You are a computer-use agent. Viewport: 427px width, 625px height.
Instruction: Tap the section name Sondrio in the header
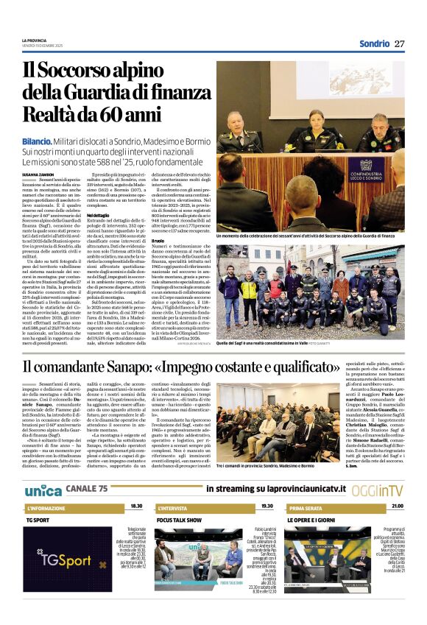tap(374, 43)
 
